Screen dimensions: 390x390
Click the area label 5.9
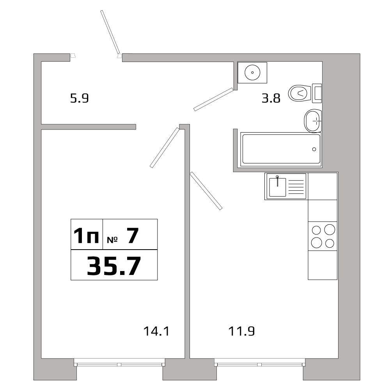point(80,98)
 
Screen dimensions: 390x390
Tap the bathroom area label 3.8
point(271,98)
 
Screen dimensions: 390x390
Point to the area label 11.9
point(241,331)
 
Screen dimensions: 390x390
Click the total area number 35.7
point(113,266)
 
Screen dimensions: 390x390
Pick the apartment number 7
point(133,236)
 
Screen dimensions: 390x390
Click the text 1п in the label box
point(86,236)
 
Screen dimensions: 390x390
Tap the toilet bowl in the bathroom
point(300,93)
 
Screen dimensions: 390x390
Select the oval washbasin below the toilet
point(313,121)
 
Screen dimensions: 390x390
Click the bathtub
point(281,149)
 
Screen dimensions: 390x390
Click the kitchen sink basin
point(277,187)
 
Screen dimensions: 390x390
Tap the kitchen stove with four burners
point(323,236)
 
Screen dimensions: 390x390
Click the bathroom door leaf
point(213,99)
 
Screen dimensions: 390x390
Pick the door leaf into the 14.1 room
point(164,148)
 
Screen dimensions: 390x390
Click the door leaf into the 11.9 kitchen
point(206,191)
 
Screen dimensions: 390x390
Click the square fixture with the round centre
point(253,72)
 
